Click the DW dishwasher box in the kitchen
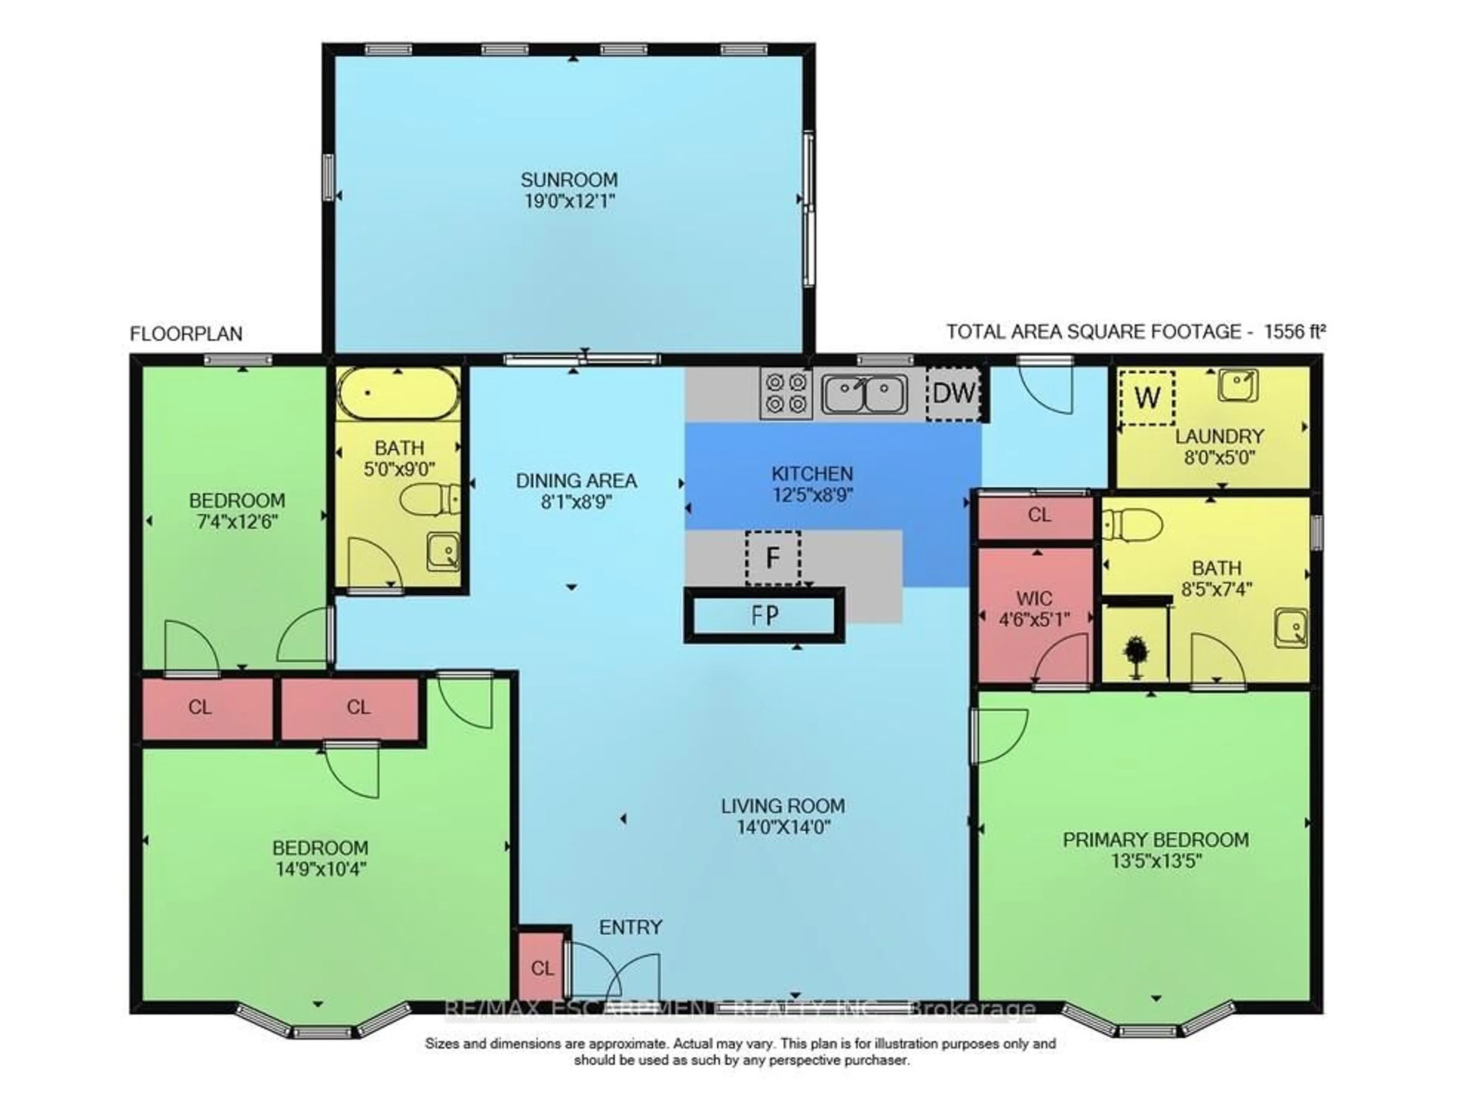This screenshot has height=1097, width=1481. (x=954, y=394)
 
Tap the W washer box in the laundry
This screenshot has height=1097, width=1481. (x=1147, y=398)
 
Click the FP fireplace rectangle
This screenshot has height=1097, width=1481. (x=764, y=615)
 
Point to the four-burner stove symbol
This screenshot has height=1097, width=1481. (x=786, y=394)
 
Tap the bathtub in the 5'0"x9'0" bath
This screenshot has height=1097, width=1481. (x=398, y=394)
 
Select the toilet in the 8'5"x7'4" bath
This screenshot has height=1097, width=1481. (x=1133, y=525)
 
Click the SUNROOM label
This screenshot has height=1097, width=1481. (x=569, y=180)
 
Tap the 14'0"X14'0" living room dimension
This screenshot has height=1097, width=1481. (x=784, y=827)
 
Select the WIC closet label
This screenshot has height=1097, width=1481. (x=1034, y=598)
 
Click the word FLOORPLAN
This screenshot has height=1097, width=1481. (x=186, y=334)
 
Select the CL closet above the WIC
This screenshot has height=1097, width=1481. (x=1039, y=515)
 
